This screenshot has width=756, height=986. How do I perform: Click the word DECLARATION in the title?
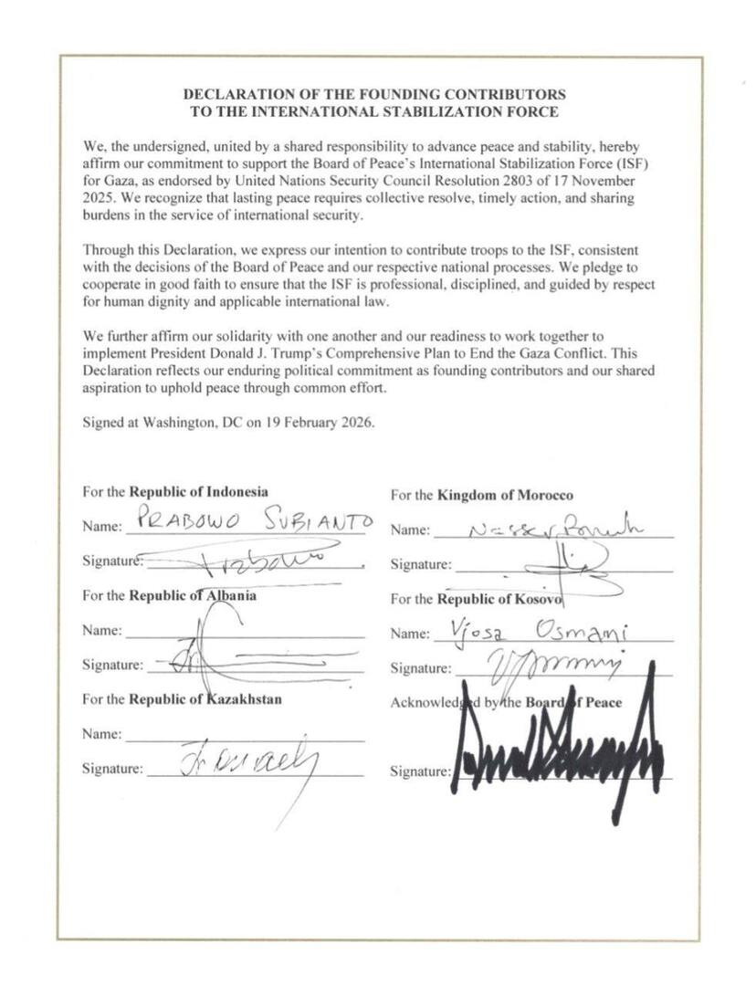[x=231, y=94]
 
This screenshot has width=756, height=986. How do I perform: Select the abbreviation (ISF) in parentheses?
[x=633, y=164]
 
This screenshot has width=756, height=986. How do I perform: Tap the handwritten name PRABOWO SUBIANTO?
[x=247, y=522]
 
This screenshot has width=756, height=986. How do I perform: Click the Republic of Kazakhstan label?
[x=205, y=700]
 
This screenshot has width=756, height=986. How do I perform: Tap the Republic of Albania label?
[x=192, y=596]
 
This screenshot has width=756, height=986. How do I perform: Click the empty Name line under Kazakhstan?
[x=244, y=736]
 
